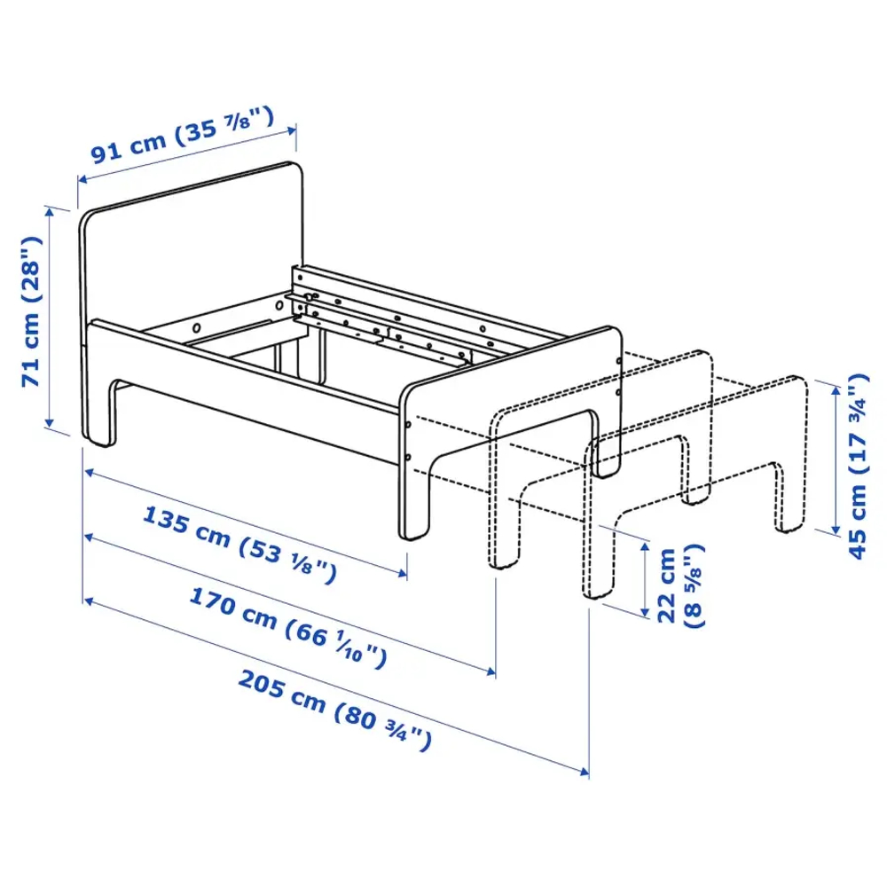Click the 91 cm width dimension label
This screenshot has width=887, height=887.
click(182, 138)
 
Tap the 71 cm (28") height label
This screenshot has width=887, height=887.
click(33, 310)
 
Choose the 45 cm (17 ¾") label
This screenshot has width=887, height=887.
click(857, 466)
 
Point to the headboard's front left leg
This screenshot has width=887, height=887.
click(99, 417)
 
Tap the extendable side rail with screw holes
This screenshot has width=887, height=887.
click(390, 310)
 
